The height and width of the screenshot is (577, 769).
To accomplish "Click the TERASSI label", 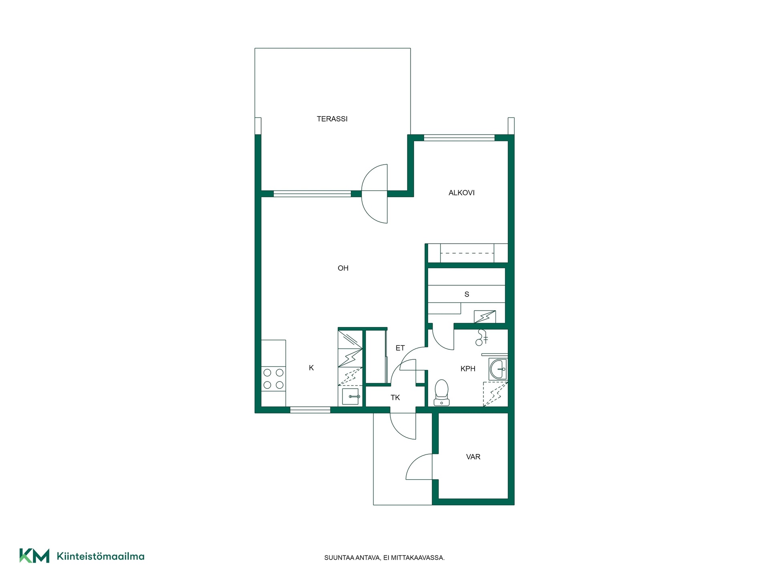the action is point(332,119).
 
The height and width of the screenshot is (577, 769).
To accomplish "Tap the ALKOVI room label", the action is point(461,193).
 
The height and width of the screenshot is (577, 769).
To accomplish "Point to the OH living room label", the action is point(343,268).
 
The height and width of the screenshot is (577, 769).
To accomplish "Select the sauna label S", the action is point(467,294).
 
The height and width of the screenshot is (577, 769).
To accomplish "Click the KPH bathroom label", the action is point(468,369).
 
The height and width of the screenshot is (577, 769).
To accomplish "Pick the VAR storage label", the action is point(473,457).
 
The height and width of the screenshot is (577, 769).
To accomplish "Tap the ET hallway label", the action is point(400,348).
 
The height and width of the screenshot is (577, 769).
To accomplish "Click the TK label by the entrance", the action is point(395,397).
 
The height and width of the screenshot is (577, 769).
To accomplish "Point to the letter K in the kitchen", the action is point(311,368).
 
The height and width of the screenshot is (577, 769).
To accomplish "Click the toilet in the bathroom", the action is point(441,393).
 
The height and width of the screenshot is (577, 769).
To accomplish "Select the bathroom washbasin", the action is point(498,369).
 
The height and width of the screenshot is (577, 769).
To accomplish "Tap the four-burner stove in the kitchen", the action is point(274,379).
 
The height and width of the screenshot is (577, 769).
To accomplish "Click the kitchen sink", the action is point(350,396).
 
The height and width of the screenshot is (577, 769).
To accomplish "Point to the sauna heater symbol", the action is point(485,317).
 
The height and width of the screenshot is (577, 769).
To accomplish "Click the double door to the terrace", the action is point(375,194).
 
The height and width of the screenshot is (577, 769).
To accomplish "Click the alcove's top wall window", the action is point(459,138).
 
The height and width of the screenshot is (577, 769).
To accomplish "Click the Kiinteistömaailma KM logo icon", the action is point(34,556).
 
